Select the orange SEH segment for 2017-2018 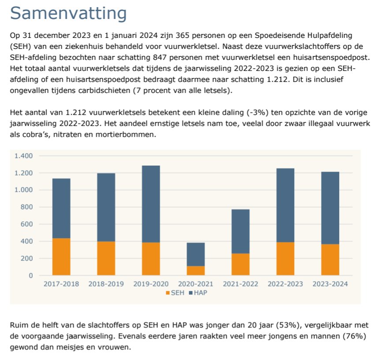coord(61,256)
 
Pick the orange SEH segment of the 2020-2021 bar coord(195,271)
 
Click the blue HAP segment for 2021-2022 coord(240,231)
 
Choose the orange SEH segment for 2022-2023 coord(285,259)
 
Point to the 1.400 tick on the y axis coord(23,156)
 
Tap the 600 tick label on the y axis coord(27,224)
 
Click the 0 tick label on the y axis coord(31,275)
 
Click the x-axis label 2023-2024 coord(330,284)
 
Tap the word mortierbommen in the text coord(130,135)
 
